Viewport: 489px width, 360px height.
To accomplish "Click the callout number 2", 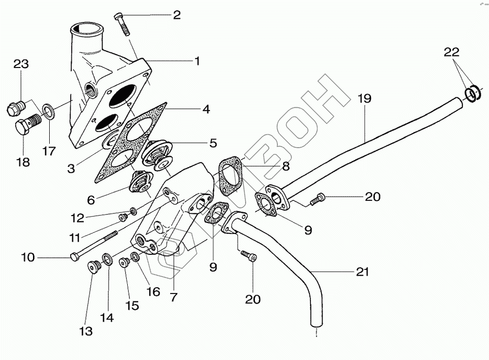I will tap(176, 15).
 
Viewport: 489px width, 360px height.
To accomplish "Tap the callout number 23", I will tap(20, 64).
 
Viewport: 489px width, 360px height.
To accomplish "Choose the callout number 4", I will tap(206, 109).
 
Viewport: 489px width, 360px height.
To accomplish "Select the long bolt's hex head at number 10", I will tap(74, 256).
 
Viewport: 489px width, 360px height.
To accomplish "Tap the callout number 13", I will tap(86, 331).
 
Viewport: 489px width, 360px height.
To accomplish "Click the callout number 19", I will tap(364, 98).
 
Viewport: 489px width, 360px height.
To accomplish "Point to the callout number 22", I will tap(451, 52).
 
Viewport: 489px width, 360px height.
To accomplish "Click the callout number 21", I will tap(362, 272).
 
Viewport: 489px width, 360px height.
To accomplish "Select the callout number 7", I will tap(173, 297).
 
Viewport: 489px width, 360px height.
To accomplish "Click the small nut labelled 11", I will tap(124, 218).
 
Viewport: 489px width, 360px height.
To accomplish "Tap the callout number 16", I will tap(152, 291).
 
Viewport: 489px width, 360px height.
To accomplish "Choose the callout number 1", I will tap(197, 61).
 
